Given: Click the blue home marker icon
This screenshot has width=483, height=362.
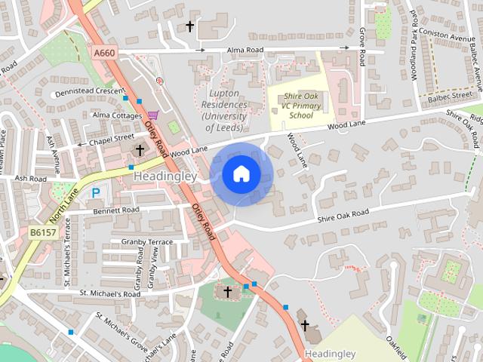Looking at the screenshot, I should (241, 174).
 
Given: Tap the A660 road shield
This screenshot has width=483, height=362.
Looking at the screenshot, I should (104, 52).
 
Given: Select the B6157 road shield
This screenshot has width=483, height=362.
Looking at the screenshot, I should (44, 235).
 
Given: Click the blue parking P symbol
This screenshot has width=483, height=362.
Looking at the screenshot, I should (96, 193).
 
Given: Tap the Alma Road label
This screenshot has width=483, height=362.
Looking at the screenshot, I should (245, 51).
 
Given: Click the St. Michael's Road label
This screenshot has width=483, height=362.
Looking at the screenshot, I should (110, 293).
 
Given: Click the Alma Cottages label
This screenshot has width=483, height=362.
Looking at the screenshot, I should (117, 115).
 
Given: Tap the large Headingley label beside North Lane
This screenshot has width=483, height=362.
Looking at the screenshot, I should (165, 176).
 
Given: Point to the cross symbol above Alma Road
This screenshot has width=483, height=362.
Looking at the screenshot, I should (189, 26).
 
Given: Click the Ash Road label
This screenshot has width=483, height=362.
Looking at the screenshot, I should (31, 179).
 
